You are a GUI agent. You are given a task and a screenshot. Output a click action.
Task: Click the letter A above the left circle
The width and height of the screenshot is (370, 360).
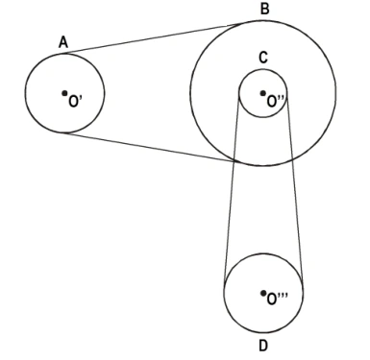click(x=63, y=42)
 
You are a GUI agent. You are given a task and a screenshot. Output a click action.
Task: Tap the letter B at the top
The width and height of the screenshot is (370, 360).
click(x=264, y=9)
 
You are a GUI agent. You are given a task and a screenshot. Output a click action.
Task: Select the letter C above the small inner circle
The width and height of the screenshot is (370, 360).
click(x=263, y=58)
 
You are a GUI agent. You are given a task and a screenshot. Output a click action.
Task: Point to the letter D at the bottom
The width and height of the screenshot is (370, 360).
click(x=263, y=346)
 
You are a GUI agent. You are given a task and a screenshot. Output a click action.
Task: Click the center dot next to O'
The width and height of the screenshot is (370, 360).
click(x=64, y=93)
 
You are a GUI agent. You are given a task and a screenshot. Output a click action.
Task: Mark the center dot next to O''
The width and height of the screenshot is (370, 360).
click(x=262, y=93)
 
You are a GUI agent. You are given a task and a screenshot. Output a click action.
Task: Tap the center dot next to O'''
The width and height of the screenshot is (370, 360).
click(x=263, y=293)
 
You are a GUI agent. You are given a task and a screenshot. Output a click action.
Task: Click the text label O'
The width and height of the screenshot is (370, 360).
click(x=75, y=101)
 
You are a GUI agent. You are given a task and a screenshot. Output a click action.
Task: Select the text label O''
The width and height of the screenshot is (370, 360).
click(x=276, y=101)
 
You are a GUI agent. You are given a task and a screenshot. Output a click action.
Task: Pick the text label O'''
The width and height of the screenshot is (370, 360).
click(x=278, y=300)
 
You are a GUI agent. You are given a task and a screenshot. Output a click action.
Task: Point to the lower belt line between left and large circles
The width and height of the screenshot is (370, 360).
click(x=151, y=147)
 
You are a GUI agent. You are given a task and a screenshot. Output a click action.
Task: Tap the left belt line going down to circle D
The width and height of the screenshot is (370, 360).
click(x=232, y=189)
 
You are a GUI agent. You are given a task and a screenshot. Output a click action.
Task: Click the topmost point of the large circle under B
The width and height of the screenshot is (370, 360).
click(x=263, y=20)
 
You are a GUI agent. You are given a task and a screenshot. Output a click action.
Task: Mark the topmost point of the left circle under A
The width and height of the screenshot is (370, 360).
click(x=64, y=54)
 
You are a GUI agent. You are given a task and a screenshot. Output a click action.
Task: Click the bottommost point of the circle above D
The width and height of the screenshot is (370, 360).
click(x=263, y=332)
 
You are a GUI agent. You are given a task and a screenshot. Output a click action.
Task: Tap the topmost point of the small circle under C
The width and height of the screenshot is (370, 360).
click(x=263, y=69)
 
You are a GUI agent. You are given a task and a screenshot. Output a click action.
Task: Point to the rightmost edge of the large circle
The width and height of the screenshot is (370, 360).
click(x=335, y=93)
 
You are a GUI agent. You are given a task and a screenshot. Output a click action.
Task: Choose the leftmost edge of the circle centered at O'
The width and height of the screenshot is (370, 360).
click(x=25, y=93)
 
